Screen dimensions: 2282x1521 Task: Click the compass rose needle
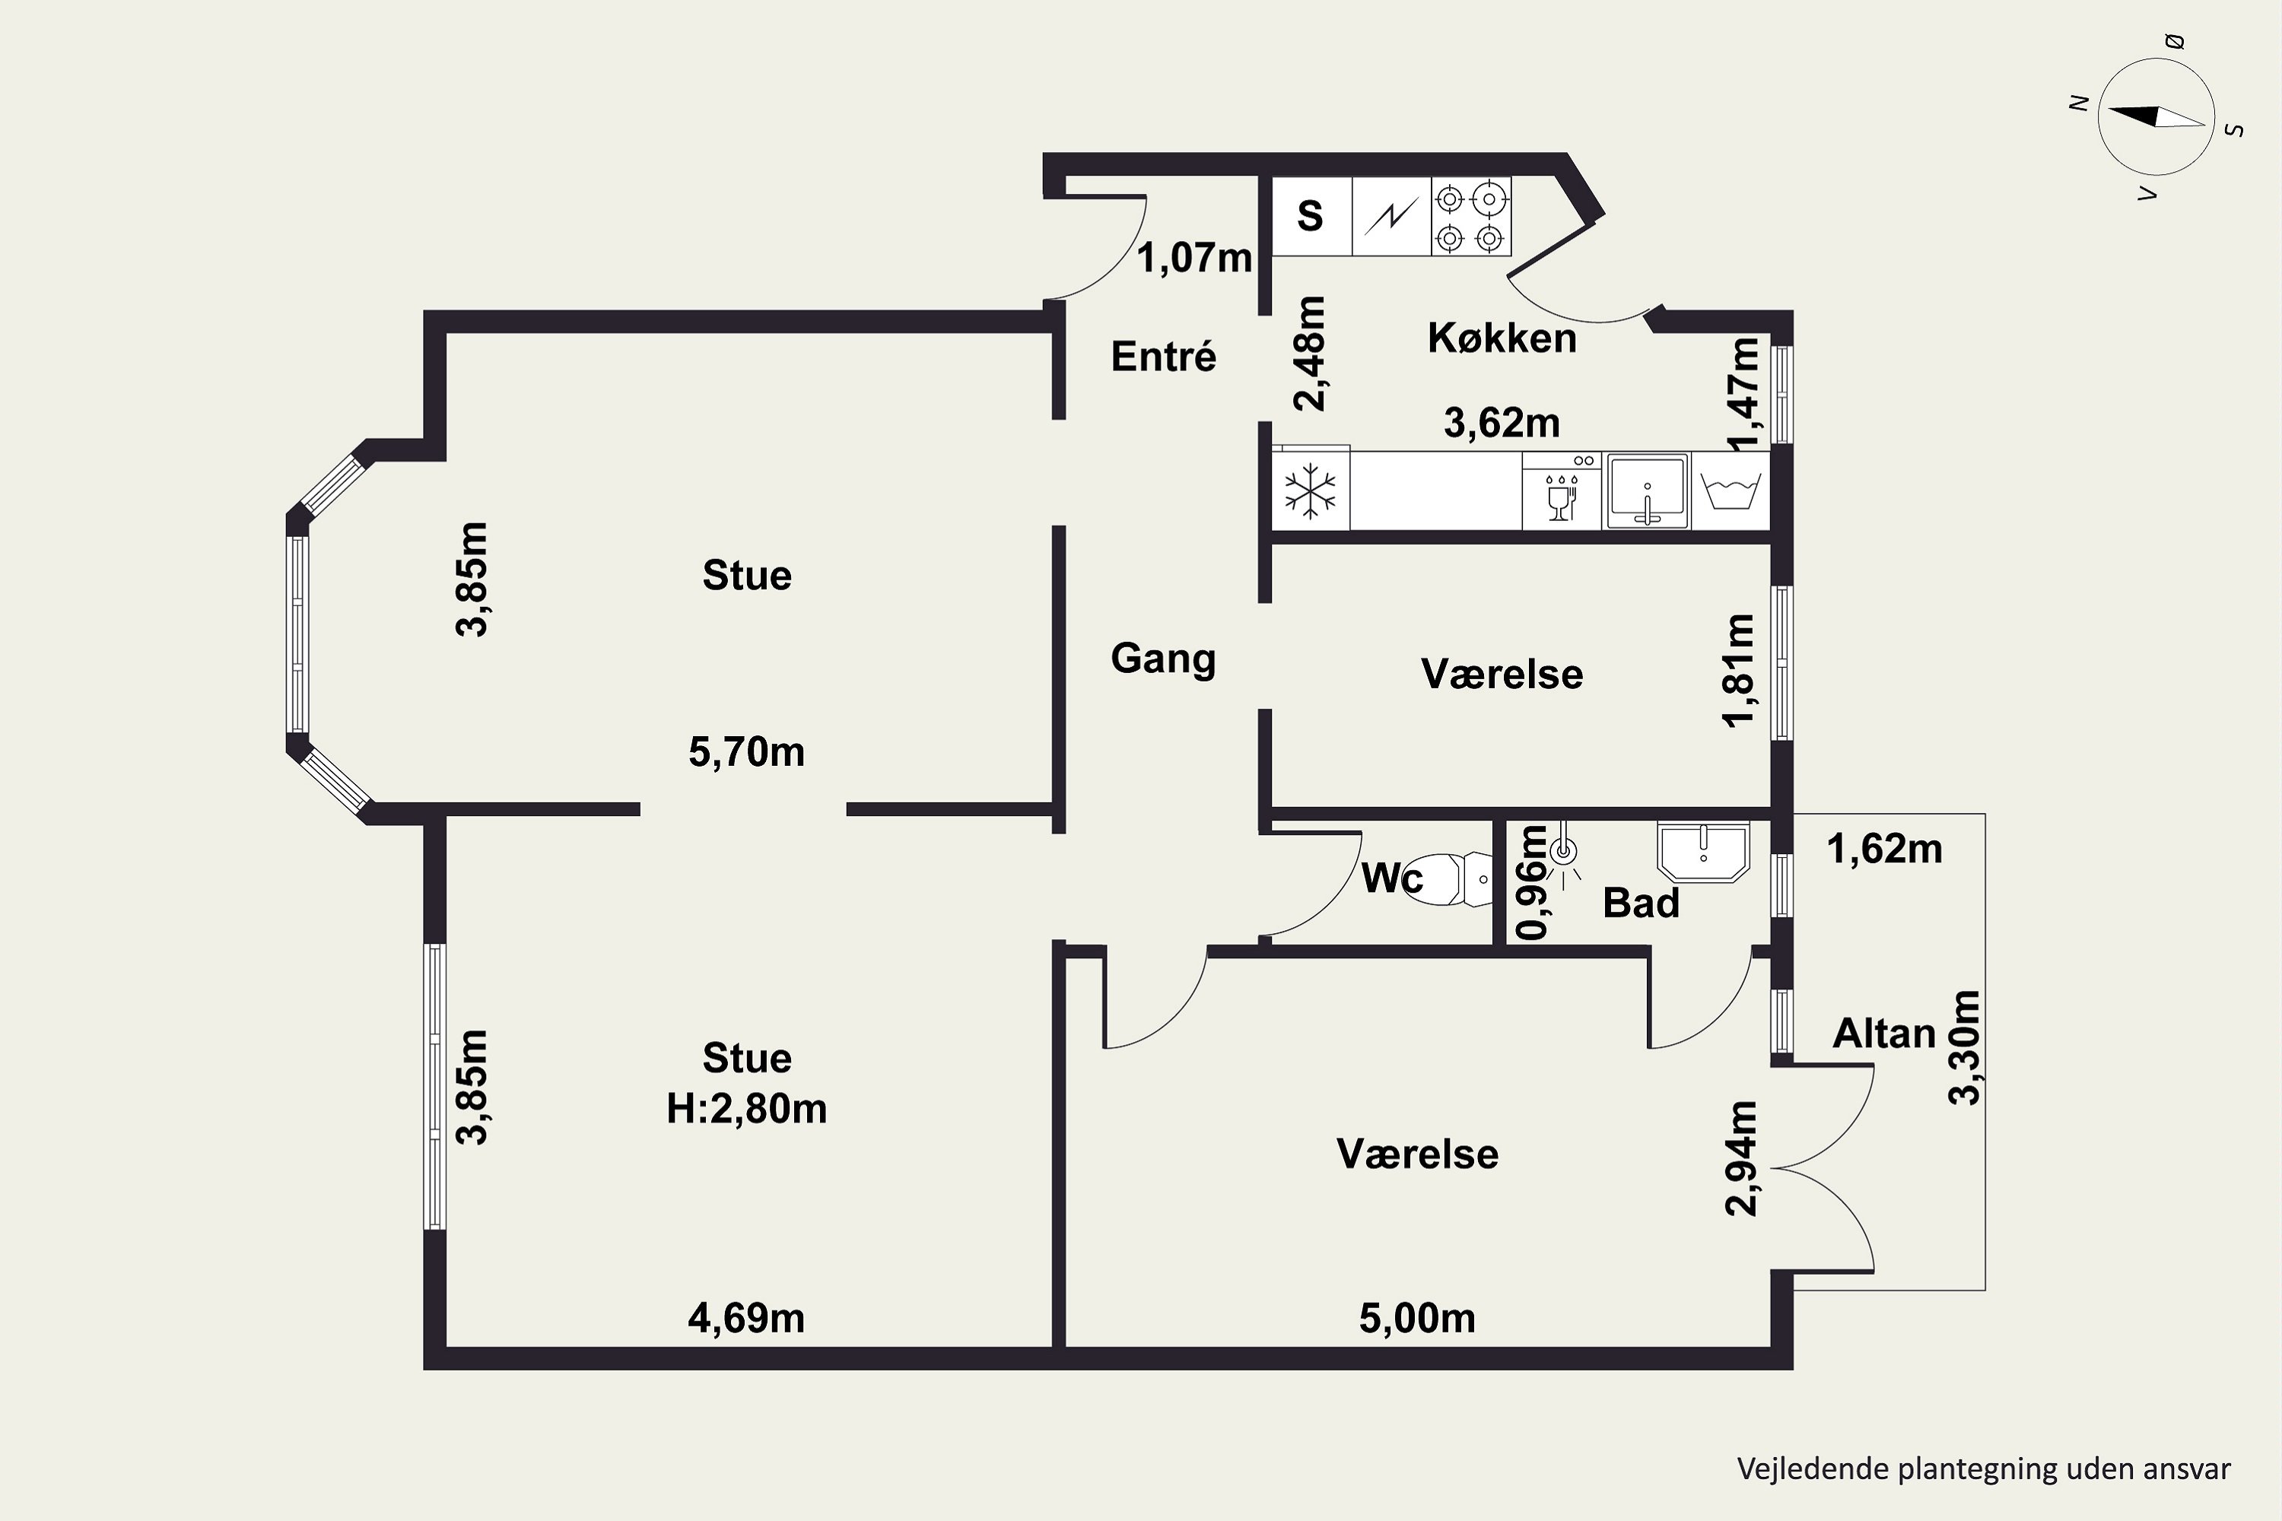(x=2155, y=116)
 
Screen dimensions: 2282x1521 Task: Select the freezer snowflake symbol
(x=1310, y=490)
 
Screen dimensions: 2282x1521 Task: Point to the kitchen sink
(x=1648, y=490)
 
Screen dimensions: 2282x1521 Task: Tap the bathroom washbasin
(x=1704, y=852)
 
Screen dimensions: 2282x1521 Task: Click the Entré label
(x=1163, y=357)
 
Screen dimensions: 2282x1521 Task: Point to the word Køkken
(x=1502, y=338)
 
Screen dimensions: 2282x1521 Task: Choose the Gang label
(x=1163, y=659)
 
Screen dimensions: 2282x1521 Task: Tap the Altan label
(x=1883, y=1034)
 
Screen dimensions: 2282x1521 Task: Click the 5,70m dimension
(x=746, y=753)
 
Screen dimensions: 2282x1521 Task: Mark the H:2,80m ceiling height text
(x=746, y=1109)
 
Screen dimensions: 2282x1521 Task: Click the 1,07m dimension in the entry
(x=1194, y=258)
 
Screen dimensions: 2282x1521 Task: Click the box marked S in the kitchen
(x=1311, y=216)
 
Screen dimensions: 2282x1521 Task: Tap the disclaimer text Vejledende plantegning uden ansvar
(x=1984, y=1469)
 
